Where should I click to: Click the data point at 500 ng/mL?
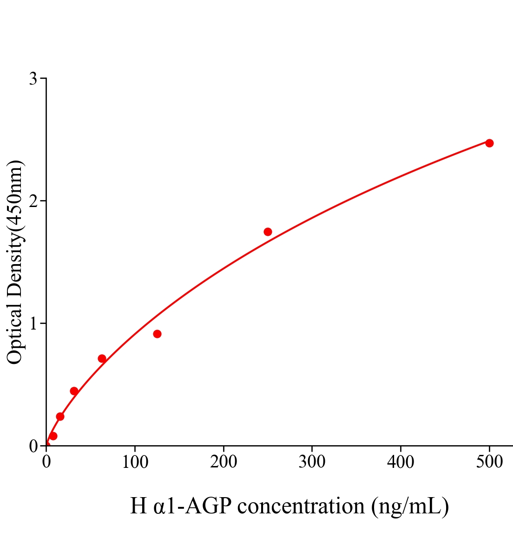coord(489,143)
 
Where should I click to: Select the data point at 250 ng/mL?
coord(268,232)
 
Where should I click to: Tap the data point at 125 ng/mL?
coord(157,334)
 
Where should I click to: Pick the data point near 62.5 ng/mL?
coord(102,358)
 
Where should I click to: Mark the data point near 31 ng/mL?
coord(74,391)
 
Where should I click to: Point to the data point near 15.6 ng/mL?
coord(60,416)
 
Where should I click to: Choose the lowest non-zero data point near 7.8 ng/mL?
coord(53,436)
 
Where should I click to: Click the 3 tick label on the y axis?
coord(33,79)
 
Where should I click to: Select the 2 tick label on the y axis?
coord(33,201)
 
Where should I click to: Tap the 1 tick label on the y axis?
coord(33,324)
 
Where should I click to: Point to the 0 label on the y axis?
coord(33,446)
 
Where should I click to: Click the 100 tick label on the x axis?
coord(135,462)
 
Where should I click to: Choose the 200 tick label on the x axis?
coord(224,462)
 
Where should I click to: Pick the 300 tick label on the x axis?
coord(312,462)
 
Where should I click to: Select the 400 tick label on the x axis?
coord(401,462)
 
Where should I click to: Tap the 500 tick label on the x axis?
coord(489,462)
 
